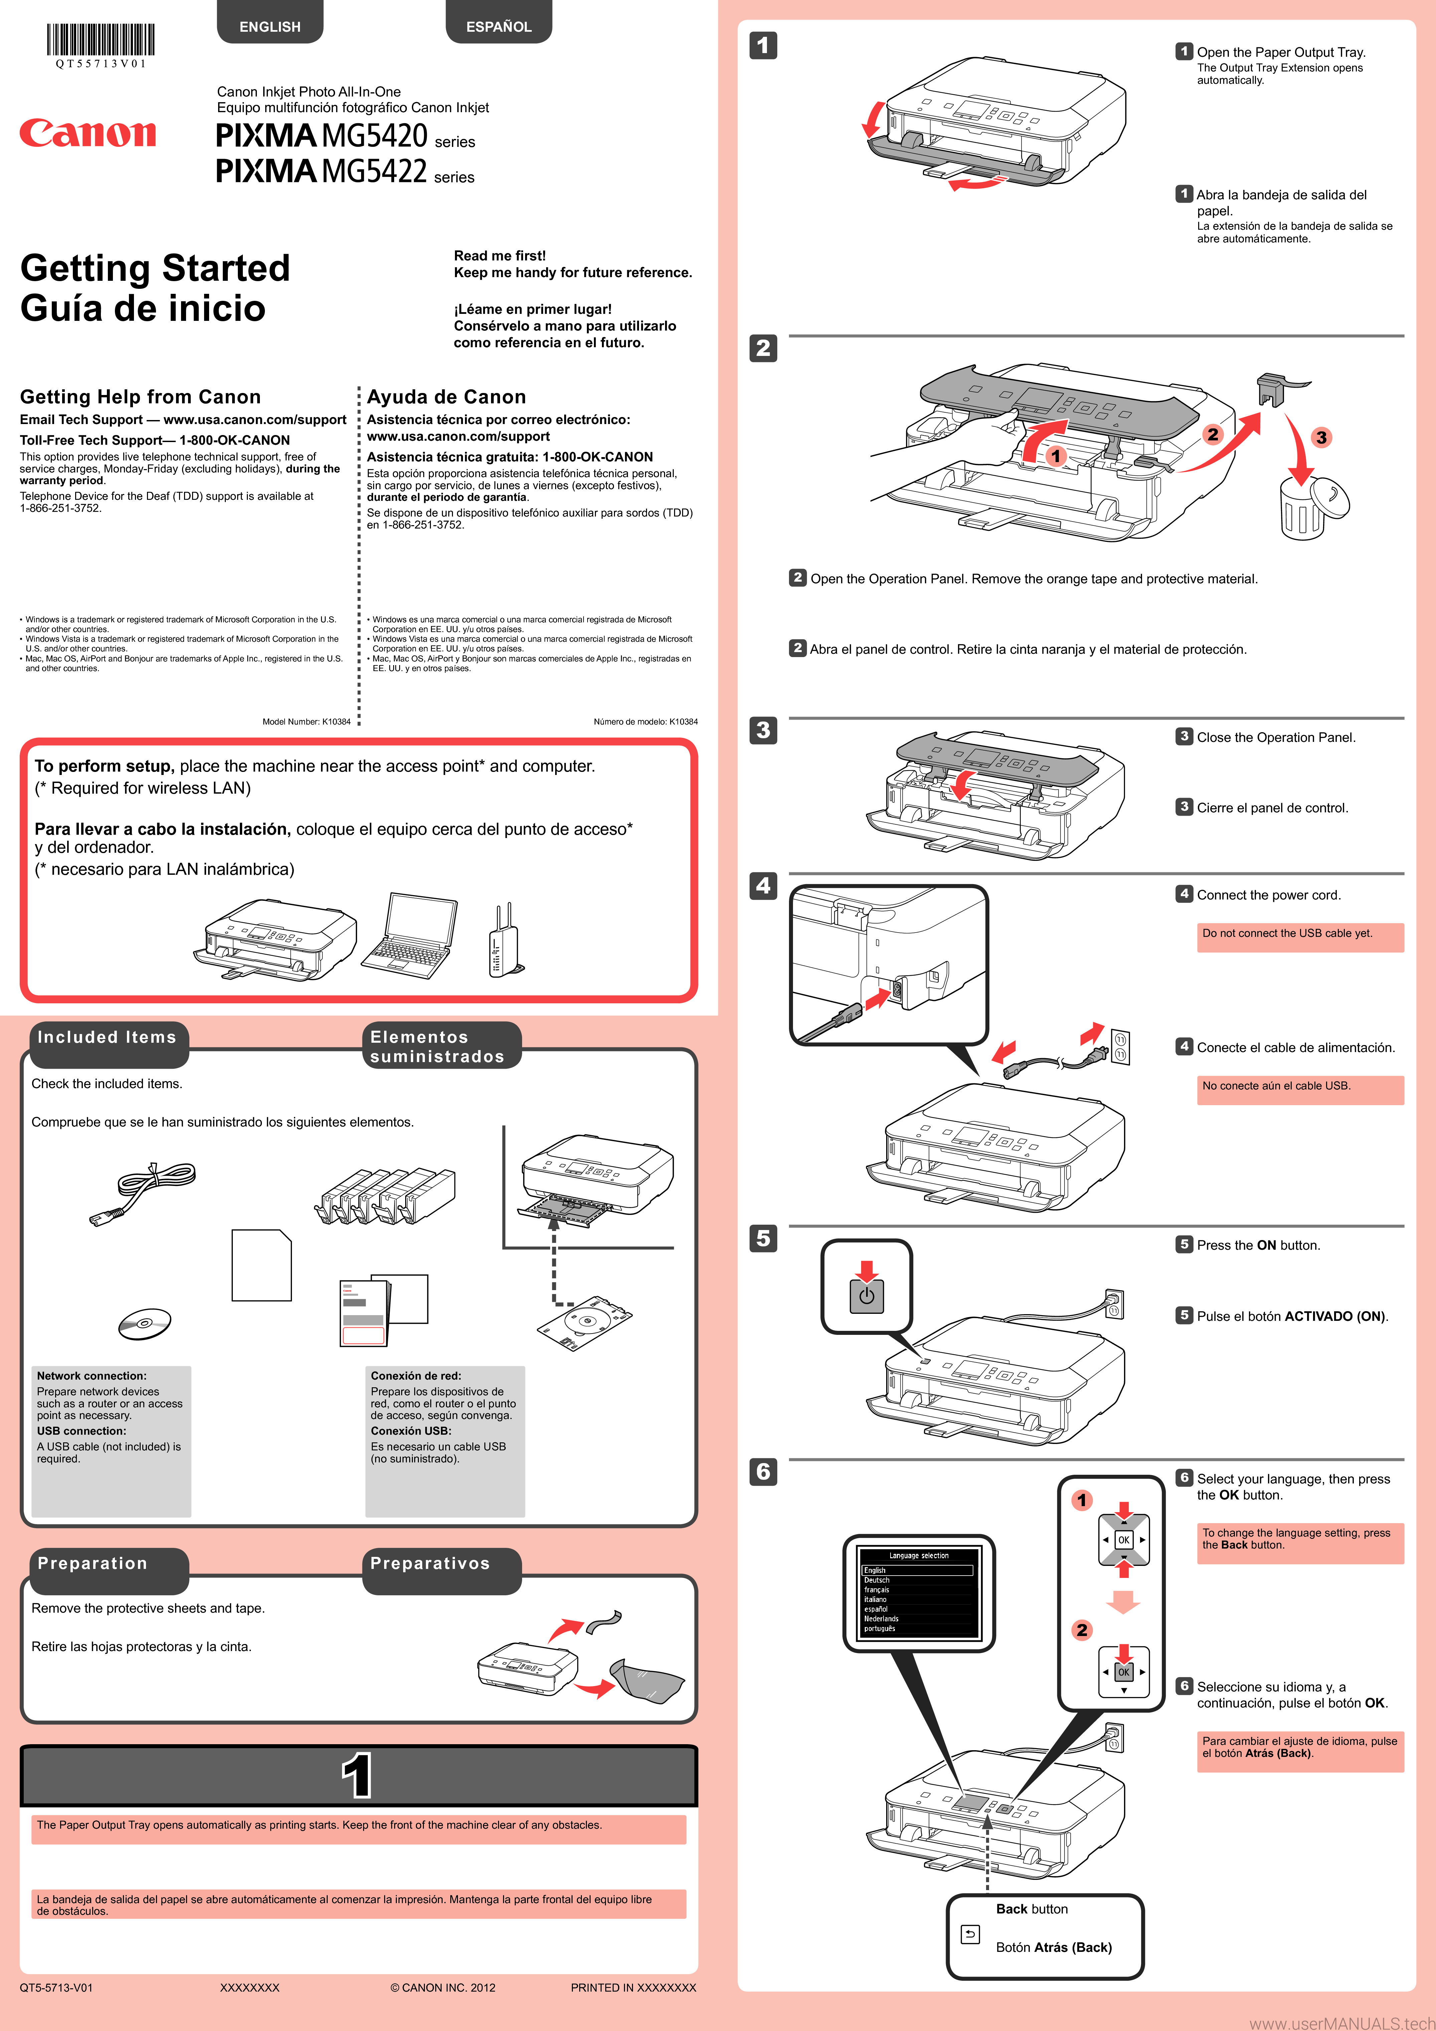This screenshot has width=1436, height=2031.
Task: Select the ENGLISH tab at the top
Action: click(270, 26)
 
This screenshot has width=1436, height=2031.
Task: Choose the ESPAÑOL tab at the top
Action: click(499, 26)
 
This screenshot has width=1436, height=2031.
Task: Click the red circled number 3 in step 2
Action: click(1321, 437)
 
